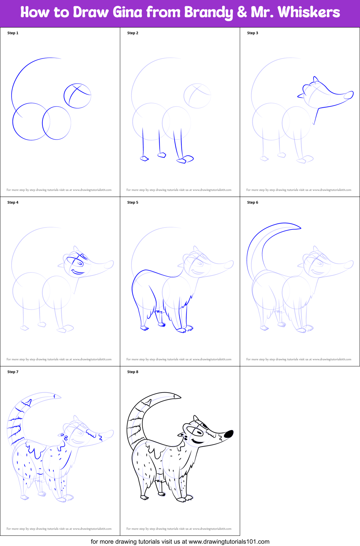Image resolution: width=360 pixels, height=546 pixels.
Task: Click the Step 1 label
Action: coord(13,33)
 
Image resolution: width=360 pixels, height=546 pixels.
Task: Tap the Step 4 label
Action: coord(13,202)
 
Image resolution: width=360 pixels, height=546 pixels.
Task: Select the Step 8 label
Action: coord(133,372)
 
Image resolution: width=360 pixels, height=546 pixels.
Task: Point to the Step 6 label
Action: coord(253,202)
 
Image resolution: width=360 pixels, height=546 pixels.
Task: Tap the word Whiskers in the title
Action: coord(309,12)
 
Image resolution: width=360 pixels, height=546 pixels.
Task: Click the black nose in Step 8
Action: coord(229,434)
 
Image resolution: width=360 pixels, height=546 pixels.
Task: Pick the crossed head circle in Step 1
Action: coord(78,96)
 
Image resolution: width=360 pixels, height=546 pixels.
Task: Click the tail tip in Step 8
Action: coord(177,396)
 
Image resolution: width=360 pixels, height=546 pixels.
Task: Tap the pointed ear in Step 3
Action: coord(316,79)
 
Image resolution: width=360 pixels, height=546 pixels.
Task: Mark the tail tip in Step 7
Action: coord(57,396)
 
